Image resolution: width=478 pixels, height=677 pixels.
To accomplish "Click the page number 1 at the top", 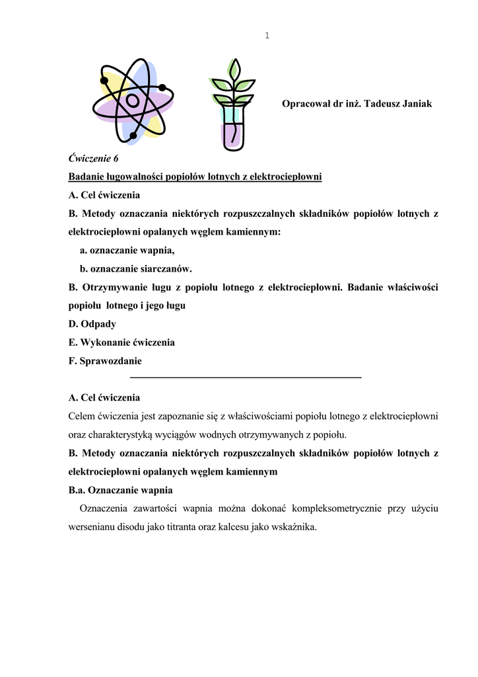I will (267, 36).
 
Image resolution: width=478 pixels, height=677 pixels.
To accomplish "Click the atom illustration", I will (133, 100).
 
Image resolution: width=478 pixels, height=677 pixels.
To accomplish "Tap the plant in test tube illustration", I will (232, 104).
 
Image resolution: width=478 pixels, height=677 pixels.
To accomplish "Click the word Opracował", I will (306, 104).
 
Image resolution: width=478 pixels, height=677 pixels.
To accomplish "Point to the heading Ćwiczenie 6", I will (94, 158).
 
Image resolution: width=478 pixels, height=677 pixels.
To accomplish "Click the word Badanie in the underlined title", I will (86, 177).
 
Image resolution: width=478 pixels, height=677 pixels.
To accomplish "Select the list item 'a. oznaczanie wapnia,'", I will (127, 251).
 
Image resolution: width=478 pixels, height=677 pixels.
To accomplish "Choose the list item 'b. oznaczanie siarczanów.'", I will (135, 268).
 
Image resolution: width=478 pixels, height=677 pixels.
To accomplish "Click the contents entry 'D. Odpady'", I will (92, 324).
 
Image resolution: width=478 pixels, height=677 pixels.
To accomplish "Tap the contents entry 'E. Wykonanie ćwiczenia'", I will (121, 342).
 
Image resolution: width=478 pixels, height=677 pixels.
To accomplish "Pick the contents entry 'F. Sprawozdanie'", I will (105, 361).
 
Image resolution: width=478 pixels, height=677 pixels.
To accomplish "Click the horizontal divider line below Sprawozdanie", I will (246, 377).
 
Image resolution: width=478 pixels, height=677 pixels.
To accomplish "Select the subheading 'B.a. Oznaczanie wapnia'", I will (121, 490).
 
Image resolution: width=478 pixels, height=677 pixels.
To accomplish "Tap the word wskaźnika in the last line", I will (296, 528).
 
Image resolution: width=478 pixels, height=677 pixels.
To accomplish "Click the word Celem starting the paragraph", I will (82, 417).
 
